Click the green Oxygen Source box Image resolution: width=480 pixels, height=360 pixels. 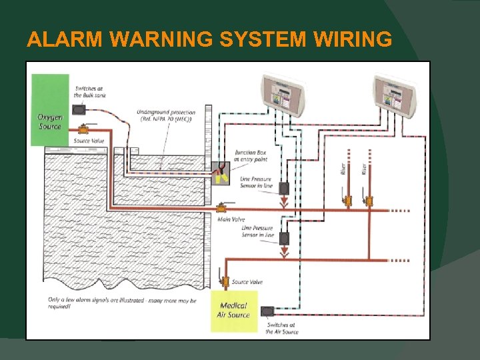[x=50, y=109]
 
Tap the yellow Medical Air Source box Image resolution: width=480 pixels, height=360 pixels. [x=233, y=311]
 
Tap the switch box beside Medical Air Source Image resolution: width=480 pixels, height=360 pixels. [x=267, y=311]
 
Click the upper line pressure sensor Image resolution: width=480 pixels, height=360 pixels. [x=283, y=189]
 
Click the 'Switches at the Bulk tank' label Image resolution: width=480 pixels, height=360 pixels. [x=89, y=92]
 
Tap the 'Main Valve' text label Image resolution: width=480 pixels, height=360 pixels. [x=232, y=219]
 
